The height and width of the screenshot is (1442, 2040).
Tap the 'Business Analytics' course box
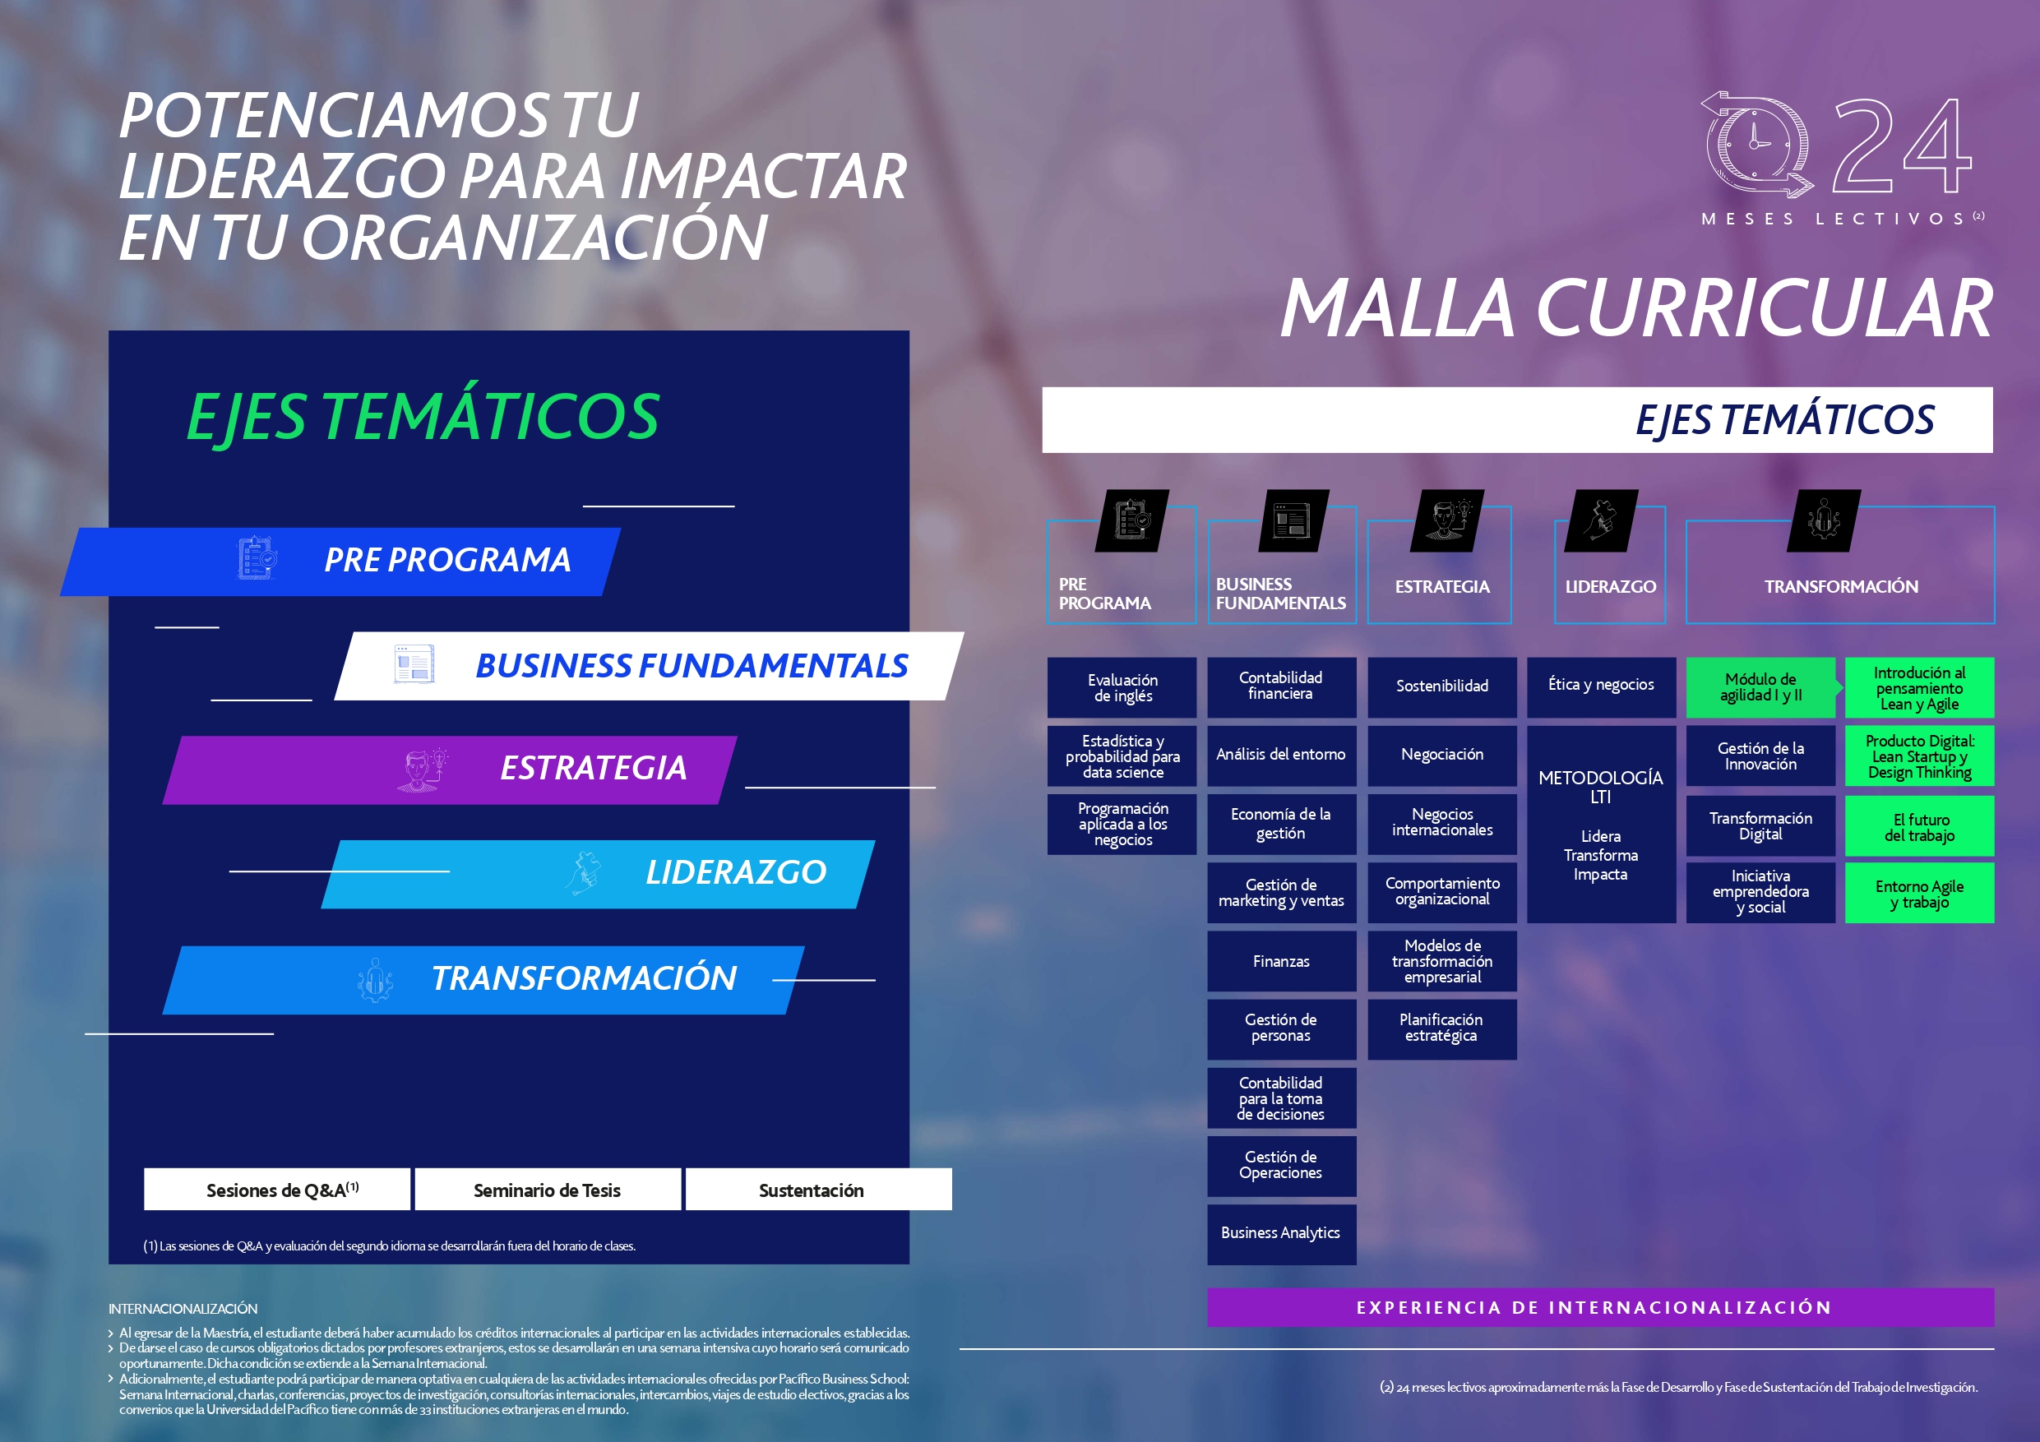[1281, 1233]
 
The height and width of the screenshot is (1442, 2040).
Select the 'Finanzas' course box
[1281, 961]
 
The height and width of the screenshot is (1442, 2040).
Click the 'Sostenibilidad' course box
[1442, 686]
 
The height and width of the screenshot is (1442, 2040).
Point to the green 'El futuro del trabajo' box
[1919, 826]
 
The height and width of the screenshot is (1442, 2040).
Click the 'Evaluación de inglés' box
[1122, 686]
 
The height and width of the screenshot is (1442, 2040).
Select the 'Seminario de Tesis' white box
[548, 1190]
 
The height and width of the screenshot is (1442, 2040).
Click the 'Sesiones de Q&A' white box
[277, 1190]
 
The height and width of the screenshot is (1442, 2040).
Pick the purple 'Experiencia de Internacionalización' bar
[1600, 1307]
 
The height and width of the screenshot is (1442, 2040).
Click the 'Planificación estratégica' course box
[1442, 1028]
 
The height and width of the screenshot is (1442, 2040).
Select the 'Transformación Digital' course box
[1761, 826]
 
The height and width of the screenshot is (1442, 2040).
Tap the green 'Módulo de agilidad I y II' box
[1761, 686]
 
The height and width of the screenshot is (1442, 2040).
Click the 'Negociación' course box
[1442, 756]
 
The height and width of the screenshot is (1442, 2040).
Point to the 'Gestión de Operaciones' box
[1281, 1166]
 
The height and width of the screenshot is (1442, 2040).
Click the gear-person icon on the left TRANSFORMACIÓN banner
[375, 980]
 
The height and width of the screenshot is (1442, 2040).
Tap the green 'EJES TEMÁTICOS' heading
[423, 416]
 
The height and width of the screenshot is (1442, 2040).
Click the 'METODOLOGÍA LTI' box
[1601, 825]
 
